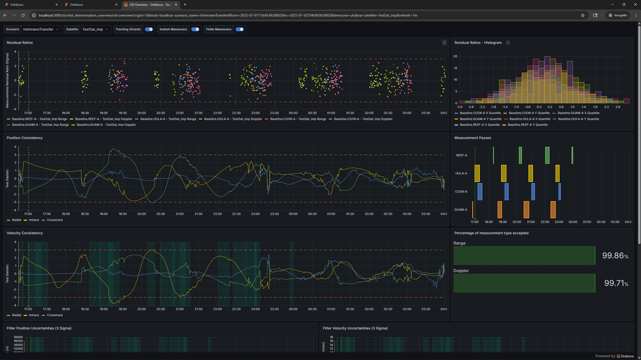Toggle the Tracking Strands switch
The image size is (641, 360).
coord(149,29)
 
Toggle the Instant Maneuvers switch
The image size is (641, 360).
coord(195,29)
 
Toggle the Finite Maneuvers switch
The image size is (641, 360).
coord(239,29)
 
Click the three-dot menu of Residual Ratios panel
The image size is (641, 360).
coord(444,43)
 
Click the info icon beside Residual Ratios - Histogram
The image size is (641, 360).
coord(508,43)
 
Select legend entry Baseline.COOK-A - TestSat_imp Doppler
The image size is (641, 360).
coord(363,119)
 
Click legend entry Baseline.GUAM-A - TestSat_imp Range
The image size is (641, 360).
coord(40,125)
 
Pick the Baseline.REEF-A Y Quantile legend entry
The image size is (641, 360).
coord(528,125)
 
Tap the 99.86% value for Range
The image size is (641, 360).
coord(615,255)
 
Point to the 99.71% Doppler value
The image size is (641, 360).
coord(616,283)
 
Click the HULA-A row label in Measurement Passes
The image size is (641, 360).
coord(461,173)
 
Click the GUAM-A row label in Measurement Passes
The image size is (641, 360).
coord(461,210)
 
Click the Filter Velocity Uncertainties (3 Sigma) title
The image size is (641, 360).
coord(355,328)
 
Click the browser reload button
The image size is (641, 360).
coord(23,15)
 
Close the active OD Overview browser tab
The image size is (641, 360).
coord(176,4)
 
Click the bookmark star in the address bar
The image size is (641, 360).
coord(583,15)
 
